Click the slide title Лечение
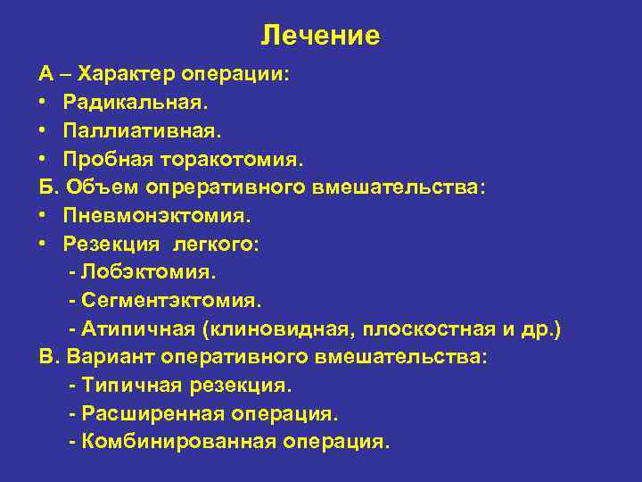coord(320,35)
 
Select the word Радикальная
coord(125,101)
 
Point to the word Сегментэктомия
coord(170,302)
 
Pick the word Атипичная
coord(138,330)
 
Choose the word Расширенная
coord(152,415)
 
